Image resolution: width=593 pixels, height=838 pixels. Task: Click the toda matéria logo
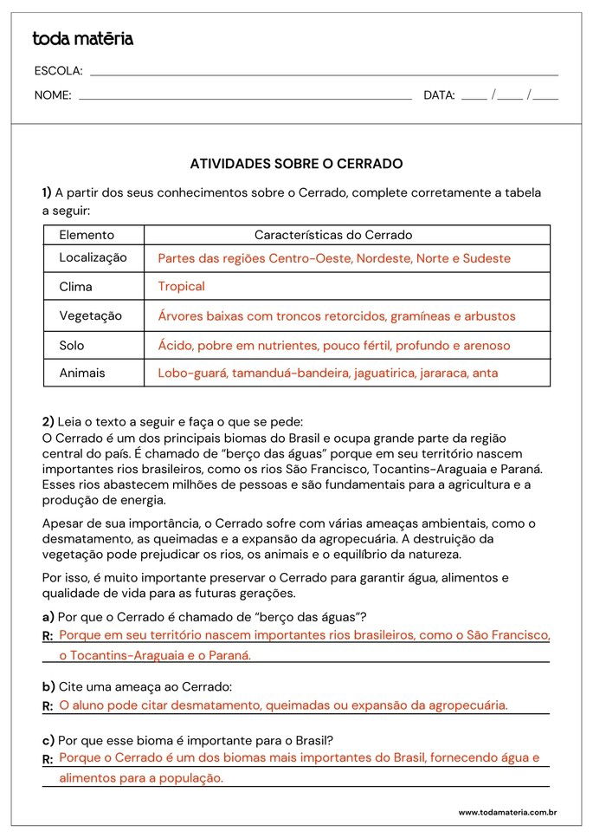82,39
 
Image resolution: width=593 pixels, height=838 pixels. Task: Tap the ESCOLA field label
58,71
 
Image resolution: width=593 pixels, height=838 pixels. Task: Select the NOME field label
53,95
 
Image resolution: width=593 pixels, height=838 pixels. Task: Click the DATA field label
439,95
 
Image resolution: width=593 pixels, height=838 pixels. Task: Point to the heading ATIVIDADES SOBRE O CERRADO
296,163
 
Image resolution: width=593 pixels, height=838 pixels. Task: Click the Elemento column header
87,235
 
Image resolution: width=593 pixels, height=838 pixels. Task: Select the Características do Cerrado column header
333,235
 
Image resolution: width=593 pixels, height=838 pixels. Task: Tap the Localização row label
93,257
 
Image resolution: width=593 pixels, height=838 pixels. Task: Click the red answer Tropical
181,286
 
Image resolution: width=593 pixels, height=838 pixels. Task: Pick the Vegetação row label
90,315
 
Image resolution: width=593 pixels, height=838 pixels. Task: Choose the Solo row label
72,345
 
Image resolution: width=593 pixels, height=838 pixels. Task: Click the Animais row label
82,373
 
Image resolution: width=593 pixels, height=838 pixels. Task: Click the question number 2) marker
48,421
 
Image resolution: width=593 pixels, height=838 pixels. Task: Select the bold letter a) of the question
48,617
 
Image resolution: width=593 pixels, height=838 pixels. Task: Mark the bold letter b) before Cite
48,687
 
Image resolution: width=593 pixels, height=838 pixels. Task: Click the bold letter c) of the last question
48,740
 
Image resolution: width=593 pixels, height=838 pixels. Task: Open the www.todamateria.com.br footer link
507,813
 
